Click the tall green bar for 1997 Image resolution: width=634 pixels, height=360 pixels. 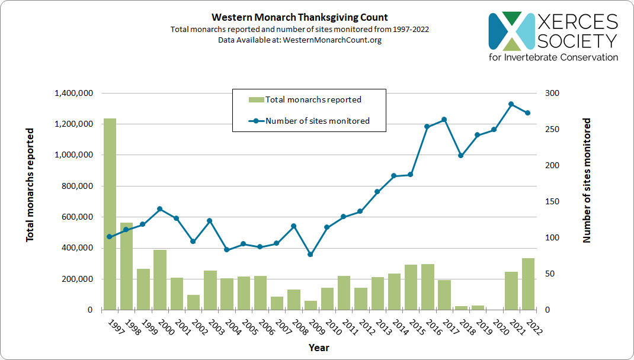click(110, 214)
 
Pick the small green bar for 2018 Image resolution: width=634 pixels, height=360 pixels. click(461, 308)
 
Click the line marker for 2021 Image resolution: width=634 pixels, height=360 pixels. click(511, 104)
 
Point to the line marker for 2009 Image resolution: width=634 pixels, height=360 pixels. click(310, 255)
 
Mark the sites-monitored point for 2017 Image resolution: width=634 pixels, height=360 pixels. click(444, 120)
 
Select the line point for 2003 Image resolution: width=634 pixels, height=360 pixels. click(210, 221)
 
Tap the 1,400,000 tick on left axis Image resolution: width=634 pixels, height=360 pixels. click(73, 94)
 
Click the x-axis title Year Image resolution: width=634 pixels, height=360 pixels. click(318, 348)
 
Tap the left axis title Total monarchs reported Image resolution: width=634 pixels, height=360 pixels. click(30, 185)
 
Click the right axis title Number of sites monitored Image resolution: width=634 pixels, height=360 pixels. click(587, 181)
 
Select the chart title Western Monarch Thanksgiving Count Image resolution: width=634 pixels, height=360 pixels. click(300, 18)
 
